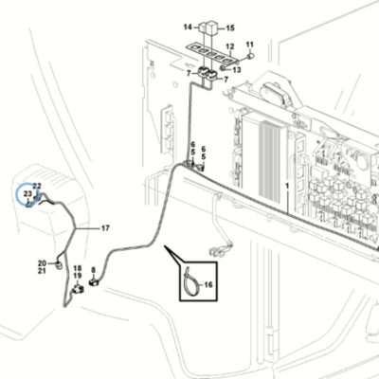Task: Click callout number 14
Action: tap(188, 27)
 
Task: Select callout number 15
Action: tap(230, 28)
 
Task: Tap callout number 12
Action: tap(230, 46)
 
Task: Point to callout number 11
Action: tap(249, 45)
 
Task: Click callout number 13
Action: tap(237, 69)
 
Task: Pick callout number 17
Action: tap(105, 227)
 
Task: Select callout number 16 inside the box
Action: tap(208, 285)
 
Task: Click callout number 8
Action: tap(93, 270)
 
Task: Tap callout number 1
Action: tap(287, 187)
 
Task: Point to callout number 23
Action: tap(28, 193)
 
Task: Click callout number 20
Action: tap(42, 263)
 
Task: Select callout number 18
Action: tap(78, 268)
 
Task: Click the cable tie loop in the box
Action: tap(187, 274)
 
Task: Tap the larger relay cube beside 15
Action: tap(211, 27)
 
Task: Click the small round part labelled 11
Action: tap(251, 56)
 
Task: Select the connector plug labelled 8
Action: tap(94, 281)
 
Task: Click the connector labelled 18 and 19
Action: tap(78, 288)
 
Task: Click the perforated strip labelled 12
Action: tap(209, 52)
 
